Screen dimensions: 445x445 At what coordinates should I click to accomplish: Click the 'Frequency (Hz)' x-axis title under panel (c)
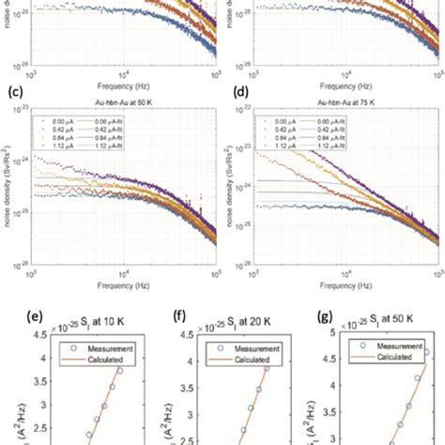126,279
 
